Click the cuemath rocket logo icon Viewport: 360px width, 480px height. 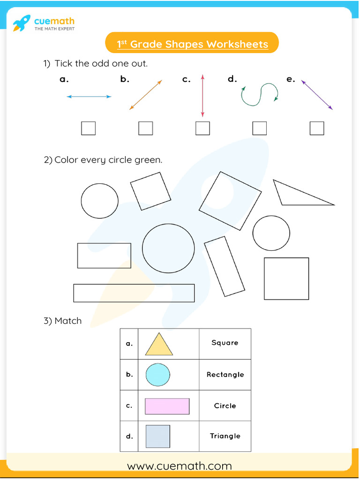click(x=22, y=23)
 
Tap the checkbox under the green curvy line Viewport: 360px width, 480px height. click(x=259, y=128)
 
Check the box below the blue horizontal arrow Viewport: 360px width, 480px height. click(x=88, y=128)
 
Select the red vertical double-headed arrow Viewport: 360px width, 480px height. click(x=202, y=95)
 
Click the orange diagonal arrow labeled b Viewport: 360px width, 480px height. click(x=145, y=95)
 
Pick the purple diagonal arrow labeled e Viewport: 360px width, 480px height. click(x=317, y=95)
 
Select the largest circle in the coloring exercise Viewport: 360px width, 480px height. click(x=168, y=248)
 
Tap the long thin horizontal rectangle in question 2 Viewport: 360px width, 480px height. click(x=134, y=293)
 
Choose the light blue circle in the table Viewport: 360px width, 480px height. click(x=157, y=375)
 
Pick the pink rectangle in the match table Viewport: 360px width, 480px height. click(x=167, y=406)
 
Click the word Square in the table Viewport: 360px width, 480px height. click(x=225, y=343)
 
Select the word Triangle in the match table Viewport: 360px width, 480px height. click(x=225, y=436)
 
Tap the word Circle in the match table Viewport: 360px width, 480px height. click(x=225, y=406)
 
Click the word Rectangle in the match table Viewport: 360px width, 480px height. click(x=225, y=375)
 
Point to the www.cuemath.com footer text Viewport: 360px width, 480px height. click(x=180, y=466)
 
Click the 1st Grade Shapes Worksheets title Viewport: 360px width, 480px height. click(x=192, y=44)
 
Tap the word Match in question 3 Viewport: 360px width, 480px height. click(x=68, y=321)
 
